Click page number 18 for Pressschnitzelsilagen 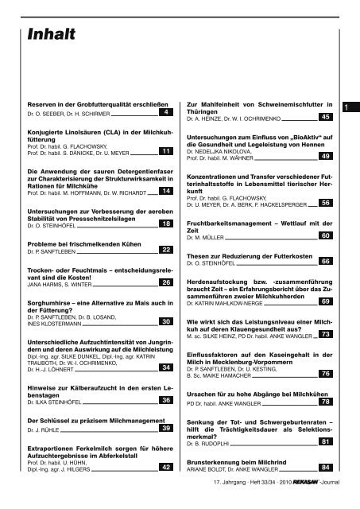coord(165,225)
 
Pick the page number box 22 coord(165,250)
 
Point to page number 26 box coord(165,282)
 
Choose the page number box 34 coord(165,367)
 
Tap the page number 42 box coord(165,468)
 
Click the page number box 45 coord(324,117)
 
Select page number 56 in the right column coord(324,204)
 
